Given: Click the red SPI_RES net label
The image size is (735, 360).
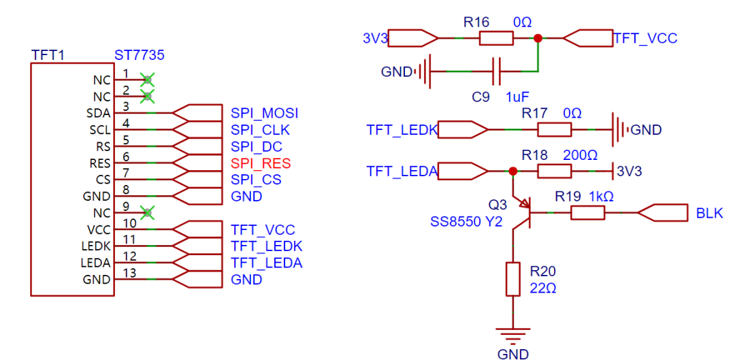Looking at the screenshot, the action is click(261, 163).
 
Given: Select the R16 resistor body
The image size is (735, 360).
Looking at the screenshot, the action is click(496, 38).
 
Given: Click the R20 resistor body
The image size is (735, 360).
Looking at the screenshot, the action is click(513, 279).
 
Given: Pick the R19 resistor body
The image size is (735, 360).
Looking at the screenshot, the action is click(587, 213).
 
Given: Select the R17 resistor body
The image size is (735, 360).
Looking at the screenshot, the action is click(554, 129).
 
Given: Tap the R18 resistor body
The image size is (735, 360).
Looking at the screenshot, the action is click(554, 171).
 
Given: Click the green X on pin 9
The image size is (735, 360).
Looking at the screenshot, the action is click(148, 213).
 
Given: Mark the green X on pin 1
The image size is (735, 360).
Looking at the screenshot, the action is click(148, 80).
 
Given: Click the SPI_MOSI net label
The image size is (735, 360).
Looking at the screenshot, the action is click(265, 114).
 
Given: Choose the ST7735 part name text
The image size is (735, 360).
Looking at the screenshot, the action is click(140, 56).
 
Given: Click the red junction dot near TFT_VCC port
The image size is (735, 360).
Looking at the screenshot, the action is click(538, 38).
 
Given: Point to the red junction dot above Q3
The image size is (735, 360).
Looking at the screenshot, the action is click(513, 171).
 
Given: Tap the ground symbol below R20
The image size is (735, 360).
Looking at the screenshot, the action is click(513, 336).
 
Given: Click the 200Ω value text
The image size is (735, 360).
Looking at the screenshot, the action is click(581, 155).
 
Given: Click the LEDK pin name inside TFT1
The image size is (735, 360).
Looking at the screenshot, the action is click(97, 246).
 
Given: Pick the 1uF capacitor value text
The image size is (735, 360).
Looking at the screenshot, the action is click(517, 97).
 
